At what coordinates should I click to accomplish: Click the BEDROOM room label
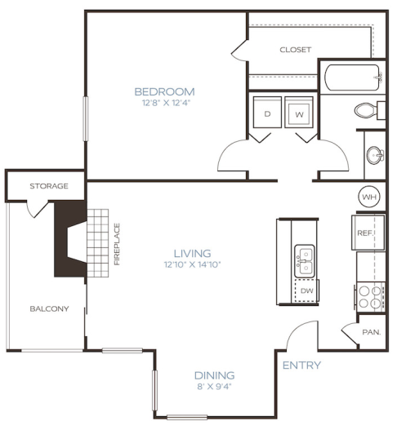pyautogui.click(x=164, y=91)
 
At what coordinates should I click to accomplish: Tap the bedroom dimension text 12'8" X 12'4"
pyautogui.click(x=164, y=103)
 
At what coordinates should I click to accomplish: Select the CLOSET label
pyautogui.click(x=295, y=50)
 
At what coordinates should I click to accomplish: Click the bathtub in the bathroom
pyautogui.click(x=352, y=79)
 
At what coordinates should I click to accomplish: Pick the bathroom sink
pyautogui.click(x=375, y=154)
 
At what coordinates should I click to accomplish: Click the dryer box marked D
pyautogui.click(x=266, y=113)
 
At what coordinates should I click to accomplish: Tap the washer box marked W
pyautogui.click(x=300, y=113)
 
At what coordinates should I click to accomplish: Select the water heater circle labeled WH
pyautogui.click(x=368, y=197)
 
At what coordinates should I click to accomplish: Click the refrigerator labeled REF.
pyautogui.click(x=367, y=233)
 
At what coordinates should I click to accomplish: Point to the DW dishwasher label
pyautogui.click(x=306, y=290)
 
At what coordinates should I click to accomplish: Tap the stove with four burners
pyautogui.click(x=371, y=295)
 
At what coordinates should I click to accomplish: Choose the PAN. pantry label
pyautogui.click(x=370, y=332)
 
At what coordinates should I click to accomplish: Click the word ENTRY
pyautogui.click(x=301, y=365)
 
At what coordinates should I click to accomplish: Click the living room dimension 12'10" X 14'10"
pyautogui.click(x=192, y=264)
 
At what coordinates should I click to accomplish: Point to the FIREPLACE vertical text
pyautogui.click(x=117, y=244)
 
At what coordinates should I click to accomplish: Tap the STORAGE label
pyautogui.click(x=49, y=186)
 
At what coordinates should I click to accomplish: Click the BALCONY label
pyautogui.click(x=49, y=308)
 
